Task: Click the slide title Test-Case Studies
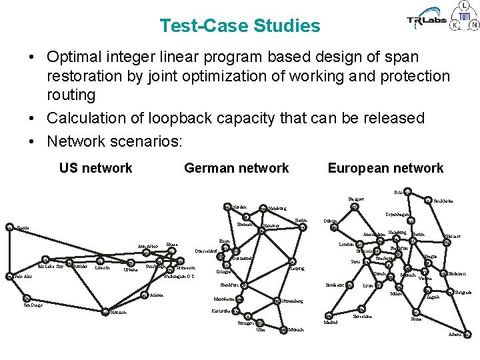point(240,26)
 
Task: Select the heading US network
point(95,168)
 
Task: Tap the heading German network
point(236,168)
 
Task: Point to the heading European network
point(385,168)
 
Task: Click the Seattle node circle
point(9,227)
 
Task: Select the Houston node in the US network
point(105,311)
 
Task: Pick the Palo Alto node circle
point(9,276)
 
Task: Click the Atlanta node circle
point(144,295)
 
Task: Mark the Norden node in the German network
point(225,207)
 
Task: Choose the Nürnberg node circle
point(277,301)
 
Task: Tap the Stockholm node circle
point(427,199)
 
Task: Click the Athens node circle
point(467,334)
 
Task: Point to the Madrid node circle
point(327,315)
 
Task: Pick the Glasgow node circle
point(355,206)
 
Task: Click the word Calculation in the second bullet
point(84,118)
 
